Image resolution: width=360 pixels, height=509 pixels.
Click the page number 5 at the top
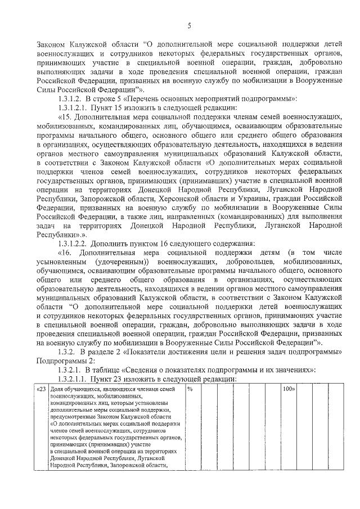[189, 25]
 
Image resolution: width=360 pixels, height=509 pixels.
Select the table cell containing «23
[41, 389]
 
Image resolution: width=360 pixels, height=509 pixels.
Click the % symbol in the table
[190, 389]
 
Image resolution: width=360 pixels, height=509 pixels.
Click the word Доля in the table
[56, 389]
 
